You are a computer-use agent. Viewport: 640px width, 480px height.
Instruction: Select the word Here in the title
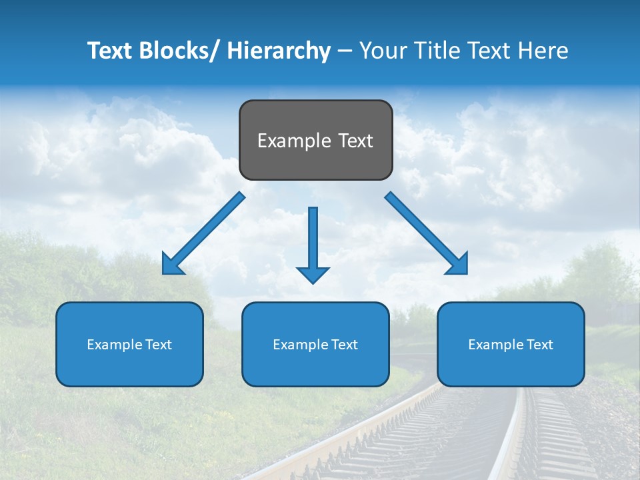543,51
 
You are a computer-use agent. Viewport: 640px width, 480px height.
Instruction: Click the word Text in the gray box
355,141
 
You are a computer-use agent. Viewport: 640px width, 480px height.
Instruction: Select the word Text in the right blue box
539,345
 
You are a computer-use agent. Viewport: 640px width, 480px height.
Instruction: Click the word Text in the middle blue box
344,345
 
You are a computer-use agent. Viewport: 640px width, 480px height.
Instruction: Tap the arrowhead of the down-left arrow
172,265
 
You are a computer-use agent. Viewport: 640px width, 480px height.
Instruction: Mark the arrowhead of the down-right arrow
458,265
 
